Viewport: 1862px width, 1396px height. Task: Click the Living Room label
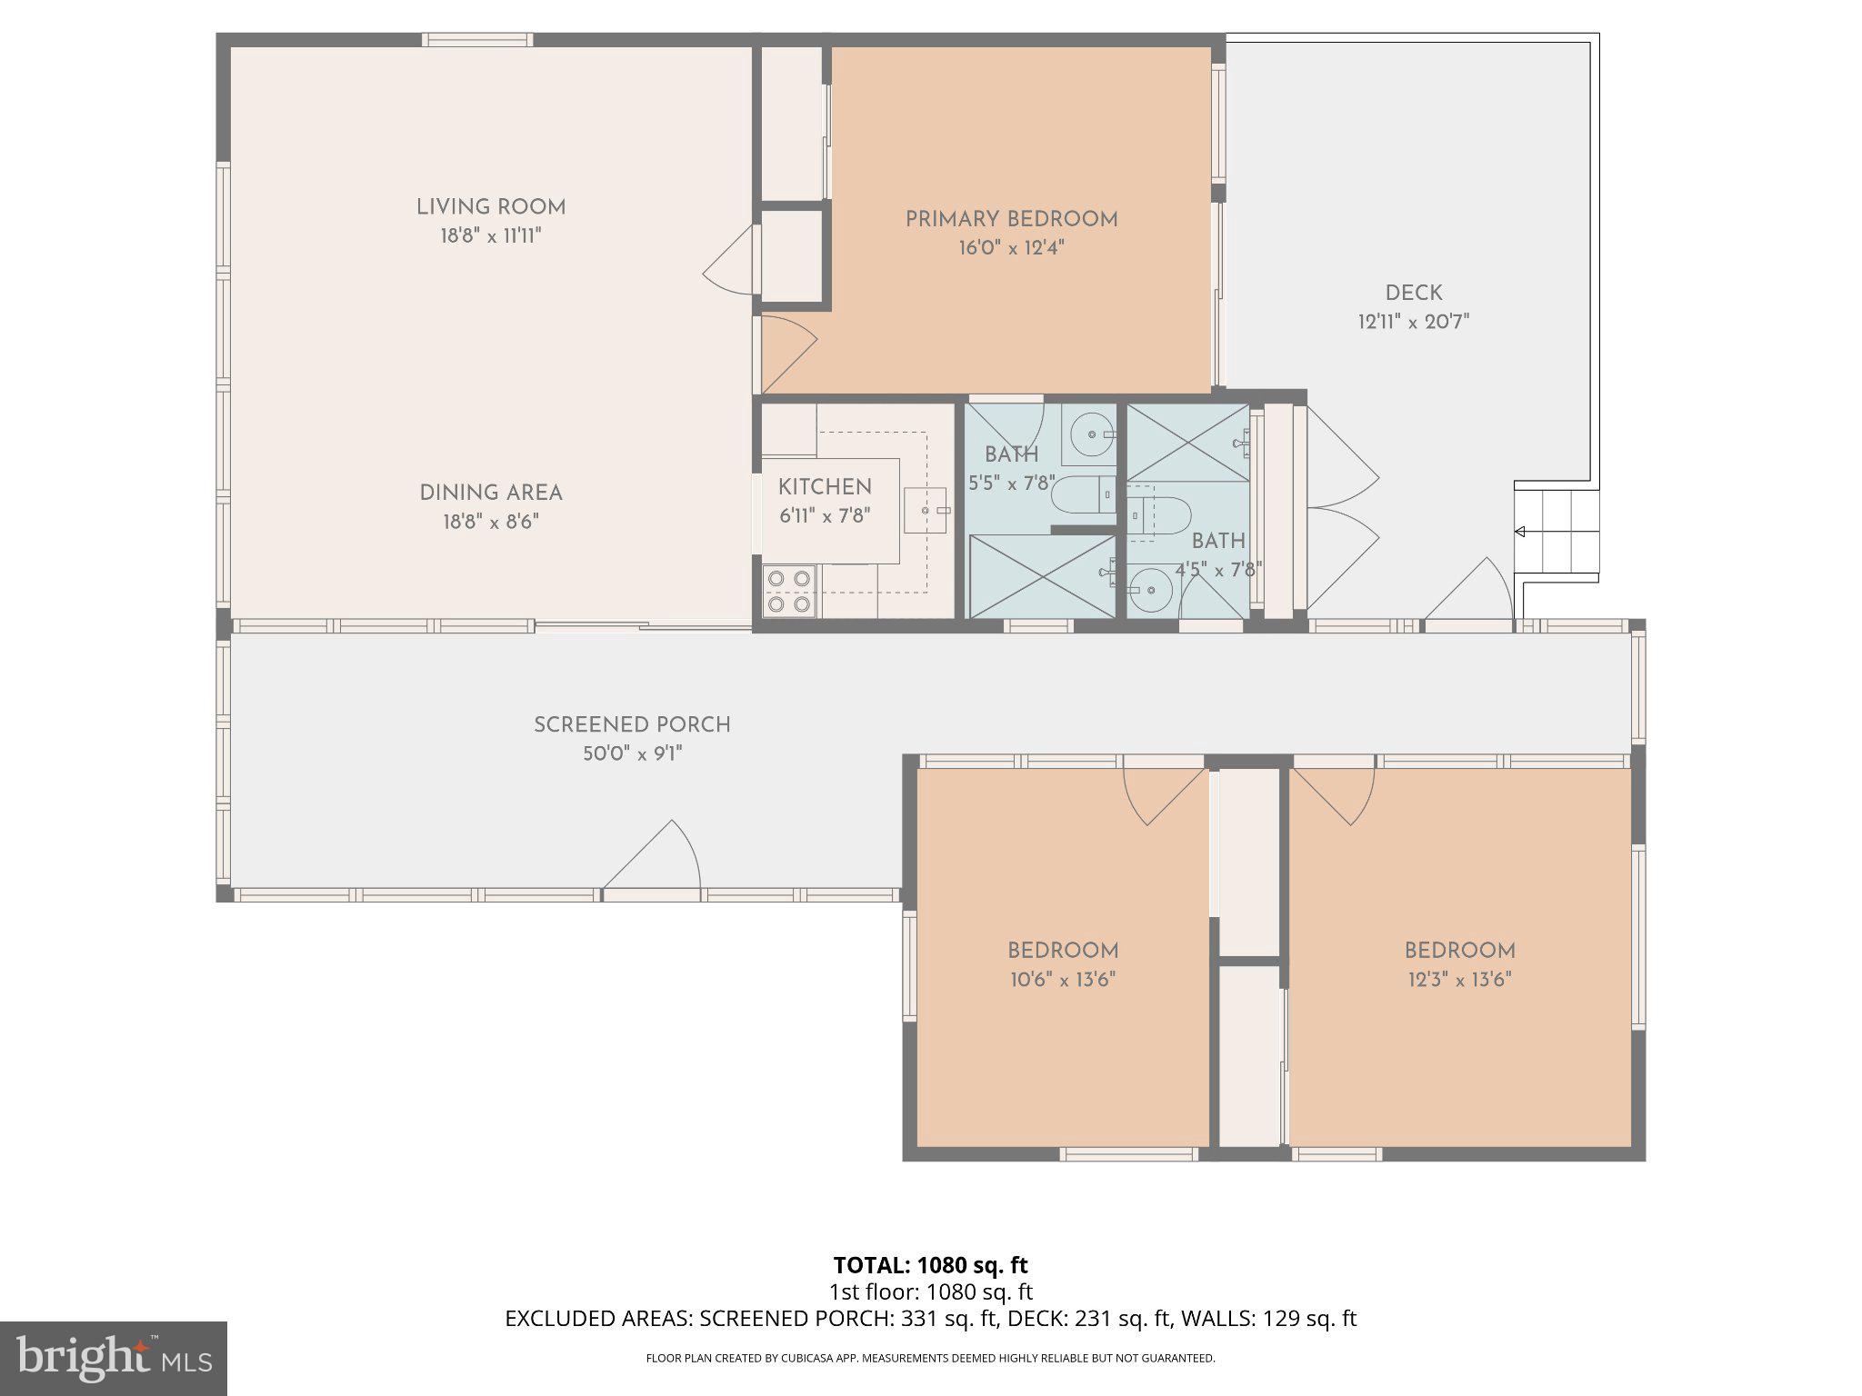click(x=491, y=207)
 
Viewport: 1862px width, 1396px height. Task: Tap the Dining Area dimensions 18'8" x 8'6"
click(x=491, y=522)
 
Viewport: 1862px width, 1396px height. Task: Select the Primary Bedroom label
click(x=1011, y=219)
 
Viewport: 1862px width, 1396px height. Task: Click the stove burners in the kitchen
click(x=788, y=591)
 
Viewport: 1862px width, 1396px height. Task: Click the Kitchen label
click(x=825, y=487)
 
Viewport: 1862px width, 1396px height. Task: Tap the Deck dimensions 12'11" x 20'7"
click(x=1413, y=322)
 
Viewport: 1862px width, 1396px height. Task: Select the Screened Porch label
click(x=632, y=725)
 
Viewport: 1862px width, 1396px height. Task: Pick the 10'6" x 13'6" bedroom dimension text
click(x=1062, y=980)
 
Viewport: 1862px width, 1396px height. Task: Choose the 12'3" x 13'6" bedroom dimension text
click(x=1458, y=980)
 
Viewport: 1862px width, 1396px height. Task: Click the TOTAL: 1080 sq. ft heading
click(x=930, y=1265)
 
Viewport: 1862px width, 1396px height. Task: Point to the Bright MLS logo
click(x=113, y=1358)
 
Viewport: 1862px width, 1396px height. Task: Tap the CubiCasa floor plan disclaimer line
click(x=930, y=1359)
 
